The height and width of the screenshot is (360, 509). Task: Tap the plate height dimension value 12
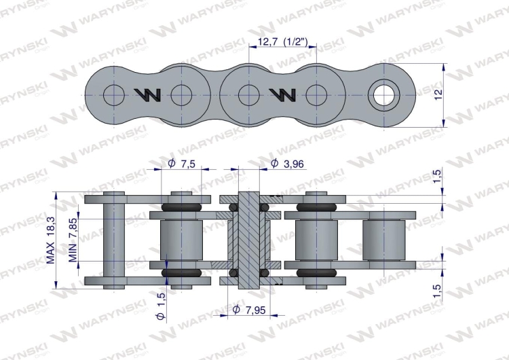pyautogui.click(x=439, y=94)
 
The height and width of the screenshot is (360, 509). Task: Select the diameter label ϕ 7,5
pyautogui.click(x=181, y=164)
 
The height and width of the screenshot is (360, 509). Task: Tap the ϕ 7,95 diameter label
pyautogui.click(x=247, y=310)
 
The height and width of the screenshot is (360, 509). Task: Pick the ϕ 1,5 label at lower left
pyautogui.click(x=161, y=306)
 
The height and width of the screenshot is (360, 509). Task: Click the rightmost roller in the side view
pyautogui.click(x=383, y=240)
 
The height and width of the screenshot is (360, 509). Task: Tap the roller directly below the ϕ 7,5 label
pyautogui.click(x=181, y=240)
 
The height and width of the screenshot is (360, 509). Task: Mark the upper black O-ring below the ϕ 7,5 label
pyautogui.click(x=181, y=206)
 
